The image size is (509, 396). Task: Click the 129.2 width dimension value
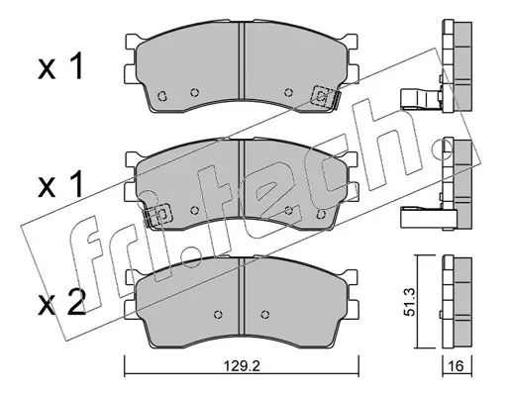pyautogui.click(x=242, y=366)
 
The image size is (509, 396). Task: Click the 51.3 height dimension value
pyautogui.click(x=410, y=302)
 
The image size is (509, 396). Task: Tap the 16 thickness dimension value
pyautogui.click(x=457, y=366)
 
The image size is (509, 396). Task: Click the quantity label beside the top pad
pyautogui.click(x=60, y=67)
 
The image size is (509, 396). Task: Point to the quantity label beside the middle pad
pyautogui.click(x=60, y=185)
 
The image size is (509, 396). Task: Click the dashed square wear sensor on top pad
pyautogui.click(x=321, y=96)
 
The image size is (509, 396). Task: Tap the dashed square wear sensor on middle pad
pyautogui.click(x=161, y=215)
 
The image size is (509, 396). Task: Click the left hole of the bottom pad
pyautogui.click(x=218, y=314)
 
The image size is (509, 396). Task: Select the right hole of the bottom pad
pyautogui.click(x=264, y=314)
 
